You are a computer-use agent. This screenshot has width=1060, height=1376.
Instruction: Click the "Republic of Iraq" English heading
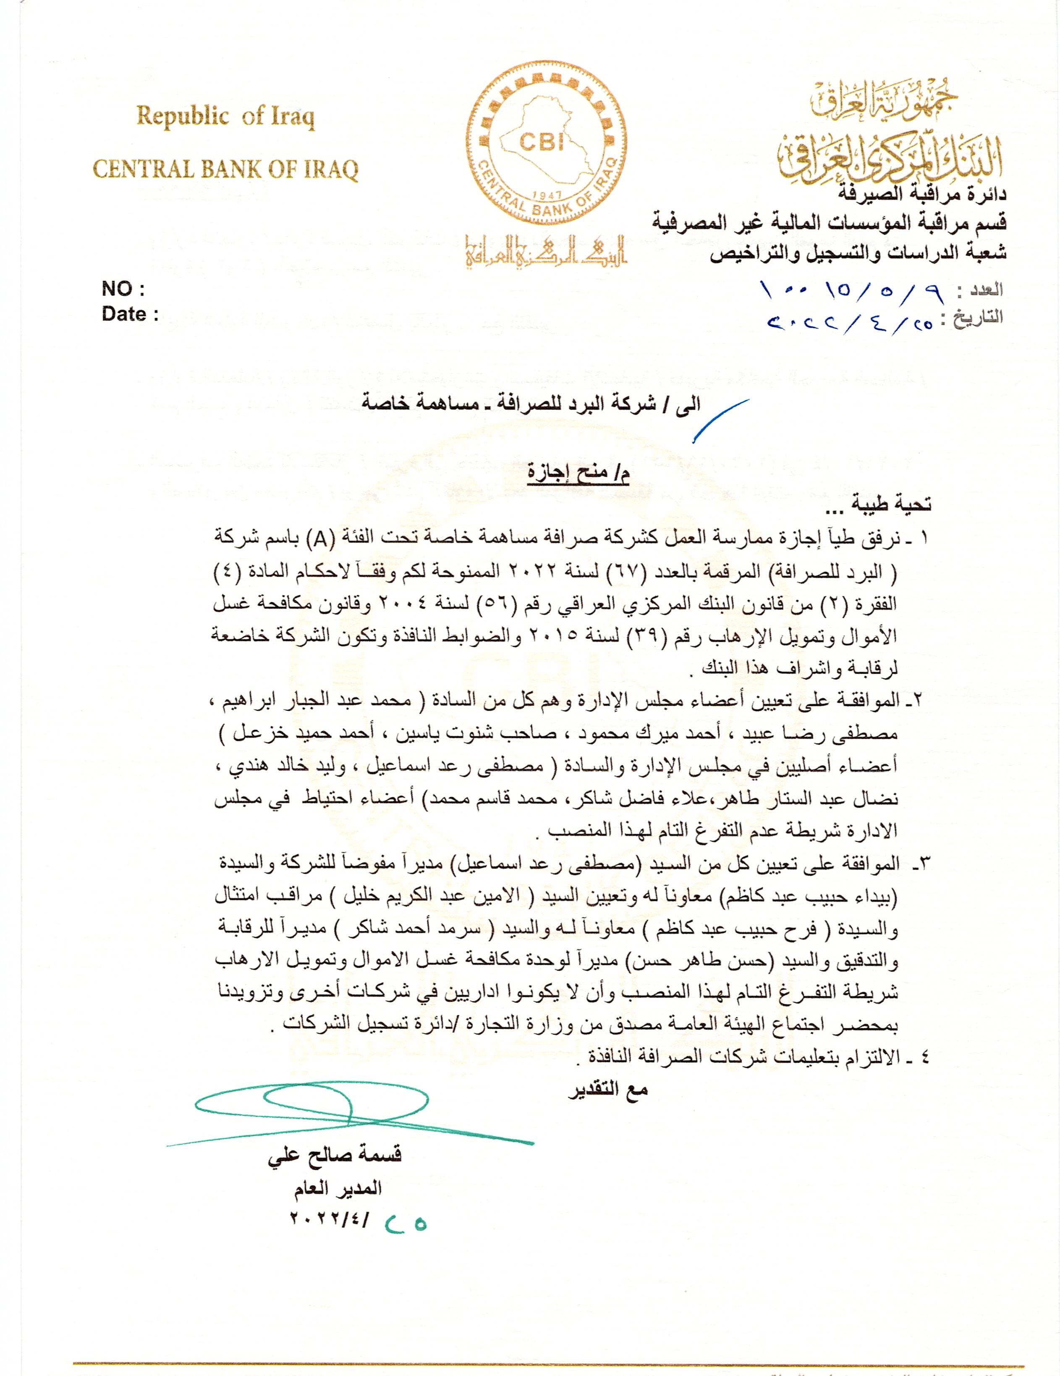(x=225, y=117)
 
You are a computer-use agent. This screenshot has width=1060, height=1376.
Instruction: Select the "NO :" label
(x=123, y=289)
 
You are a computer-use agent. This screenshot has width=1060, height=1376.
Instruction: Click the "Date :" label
(x=130, y=314)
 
